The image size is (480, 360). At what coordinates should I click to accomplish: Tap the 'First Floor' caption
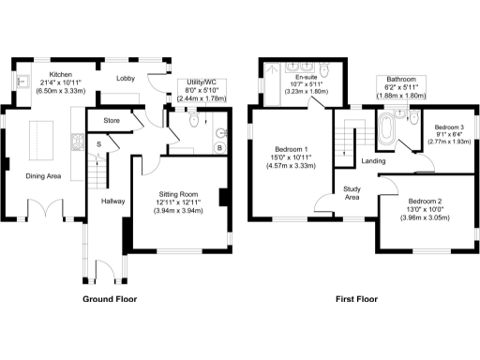coord(357,300)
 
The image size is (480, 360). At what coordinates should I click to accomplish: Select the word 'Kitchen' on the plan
coord(61,74)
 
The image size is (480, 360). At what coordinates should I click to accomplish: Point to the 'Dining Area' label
coord(42,174)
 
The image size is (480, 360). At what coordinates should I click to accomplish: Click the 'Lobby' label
coord(127,80)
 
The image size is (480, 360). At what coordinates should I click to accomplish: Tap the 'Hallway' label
coord(112,201)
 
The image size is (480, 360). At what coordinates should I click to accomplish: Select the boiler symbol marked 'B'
coord(219,148)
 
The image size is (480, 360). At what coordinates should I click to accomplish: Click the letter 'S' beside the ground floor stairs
coord(98,143)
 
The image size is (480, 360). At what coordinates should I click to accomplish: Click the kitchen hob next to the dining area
coord(74,143)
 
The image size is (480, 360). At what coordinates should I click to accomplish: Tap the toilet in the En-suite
coord(323,70)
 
